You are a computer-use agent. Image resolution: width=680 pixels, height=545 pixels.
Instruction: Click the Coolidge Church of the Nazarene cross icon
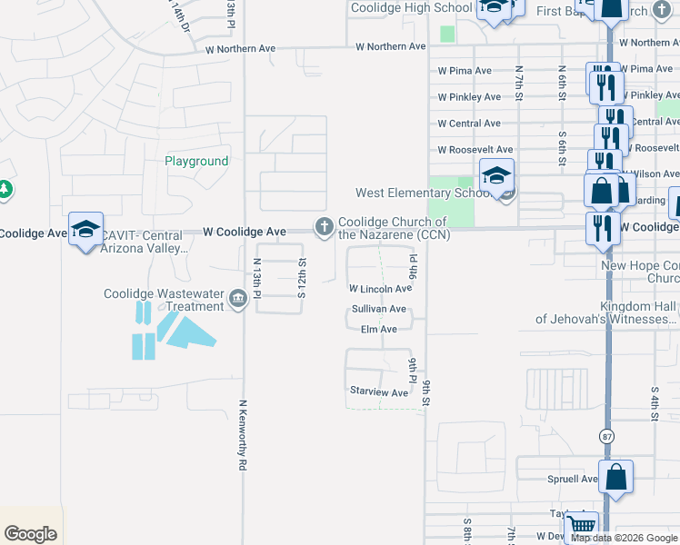pyautogui.click(x=323, y=227)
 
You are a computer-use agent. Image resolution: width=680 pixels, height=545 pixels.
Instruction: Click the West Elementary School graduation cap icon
pyautogui.click(x=497, y=175)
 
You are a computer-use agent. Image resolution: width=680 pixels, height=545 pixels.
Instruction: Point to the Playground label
pyautogui.click(x=196, y=161)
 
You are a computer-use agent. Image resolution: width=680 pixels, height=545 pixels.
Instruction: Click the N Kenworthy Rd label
pyautogui.click(x=243, y=435)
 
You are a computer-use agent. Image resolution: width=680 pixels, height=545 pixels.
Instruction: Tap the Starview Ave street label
pyautogui.click(x=379, y=392)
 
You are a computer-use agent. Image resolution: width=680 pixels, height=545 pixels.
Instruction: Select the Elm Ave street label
pyautogui.click(x=379, y=330)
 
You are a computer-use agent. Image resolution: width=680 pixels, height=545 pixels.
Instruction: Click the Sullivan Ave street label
pyautogui.click(x=379, y=310)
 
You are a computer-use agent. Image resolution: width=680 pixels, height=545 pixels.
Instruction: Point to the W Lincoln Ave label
pyautogui.click(x=381, y=289)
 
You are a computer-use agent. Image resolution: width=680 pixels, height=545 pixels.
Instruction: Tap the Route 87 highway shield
pyautogui.click(x=607, y=436)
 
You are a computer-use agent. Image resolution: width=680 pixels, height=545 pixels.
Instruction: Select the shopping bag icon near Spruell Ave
pyautogui.click(x=615, y=476)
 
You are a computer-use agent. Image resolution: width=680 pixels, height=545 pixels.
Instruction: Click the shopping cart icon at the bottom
pyautogui.click(x=581, y=526)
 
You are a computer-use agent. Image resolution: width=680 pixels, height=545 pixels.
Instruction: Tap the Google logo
pyautogui.click(x=31, y=534)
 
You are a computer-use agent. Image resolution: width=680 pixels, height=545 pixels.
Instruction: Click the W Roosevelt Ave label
pyautogui.click(x=475, y=150)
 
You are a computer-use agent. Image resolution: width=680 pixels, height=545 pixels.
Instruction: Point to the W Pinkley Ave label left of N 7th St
pyautogui.click(x=468, y=97)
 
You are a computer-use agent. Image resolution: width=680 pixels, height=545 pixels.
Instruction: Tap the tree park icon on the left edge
pyautogui.click(x=5, y=189)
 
